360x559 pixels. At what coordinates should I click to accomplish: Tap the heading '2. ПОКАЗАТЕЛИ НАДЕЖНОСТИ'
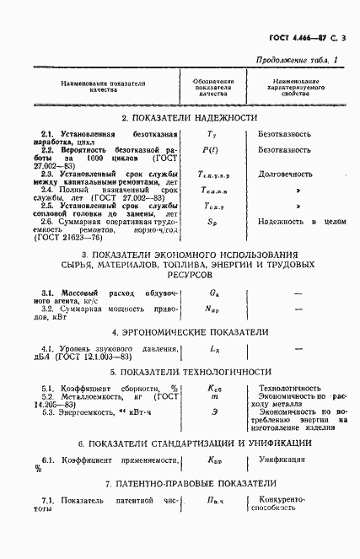(189, 117)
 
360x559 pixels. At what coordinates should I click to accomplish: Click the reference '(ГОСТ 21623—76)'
(73, 238)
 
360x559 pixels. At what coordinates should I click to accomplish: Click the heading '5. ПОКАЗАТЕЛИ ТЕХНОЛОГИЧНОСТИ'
(189, 371)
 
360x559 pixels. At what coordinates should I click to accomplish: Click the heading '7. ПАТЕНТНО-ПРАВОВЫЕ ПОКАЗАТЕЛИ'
(189, 483)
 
